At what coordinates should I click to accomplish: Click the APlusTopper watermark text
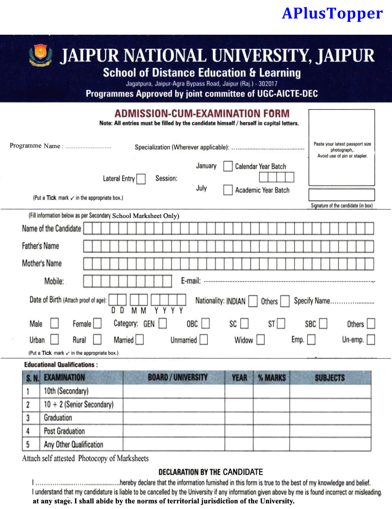tap(332, 13)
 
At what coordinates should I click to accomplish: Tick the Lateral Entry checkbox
tap(141, 179)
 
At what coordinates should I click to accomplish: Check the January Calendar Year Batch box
tap(228, 166)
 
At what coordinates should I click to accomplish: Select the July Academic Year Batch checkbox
tap(228, 190)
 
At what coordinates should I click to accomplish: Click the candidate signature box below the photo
tap(341, 195)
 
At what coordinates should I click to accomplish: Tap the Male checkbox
tap(55, 323)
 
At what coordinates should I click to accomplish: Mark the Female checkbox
tap(97, 323)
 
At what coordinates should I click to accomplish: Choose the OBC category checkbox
tap(205, 323)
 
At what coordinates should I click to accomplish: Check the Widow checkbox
tap(260, 340)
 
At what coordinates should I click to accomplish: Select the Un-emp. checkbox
tap(371, 340)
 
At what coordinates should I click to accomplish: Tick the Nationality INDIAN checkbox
tap(253, 301)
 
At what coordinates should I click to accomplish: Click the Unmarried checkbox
tap(204, 340)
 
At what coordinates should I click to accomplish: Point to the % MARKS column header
tap(272, 378)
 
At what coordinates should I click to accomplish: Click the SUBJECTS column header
tap(330, 378)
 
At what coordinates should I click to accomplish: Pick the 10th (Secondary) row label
tap(66, 392)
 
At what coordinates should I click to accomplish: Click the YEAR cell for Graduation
tap(239, 418)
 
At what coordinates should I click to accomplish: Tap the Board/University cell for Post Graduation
tap(174, 431)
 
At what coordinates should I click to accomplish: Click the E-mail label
tap(191, 281)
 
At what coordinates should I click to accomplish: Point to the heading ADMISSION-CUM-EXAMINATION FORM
tap(202, 113)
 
